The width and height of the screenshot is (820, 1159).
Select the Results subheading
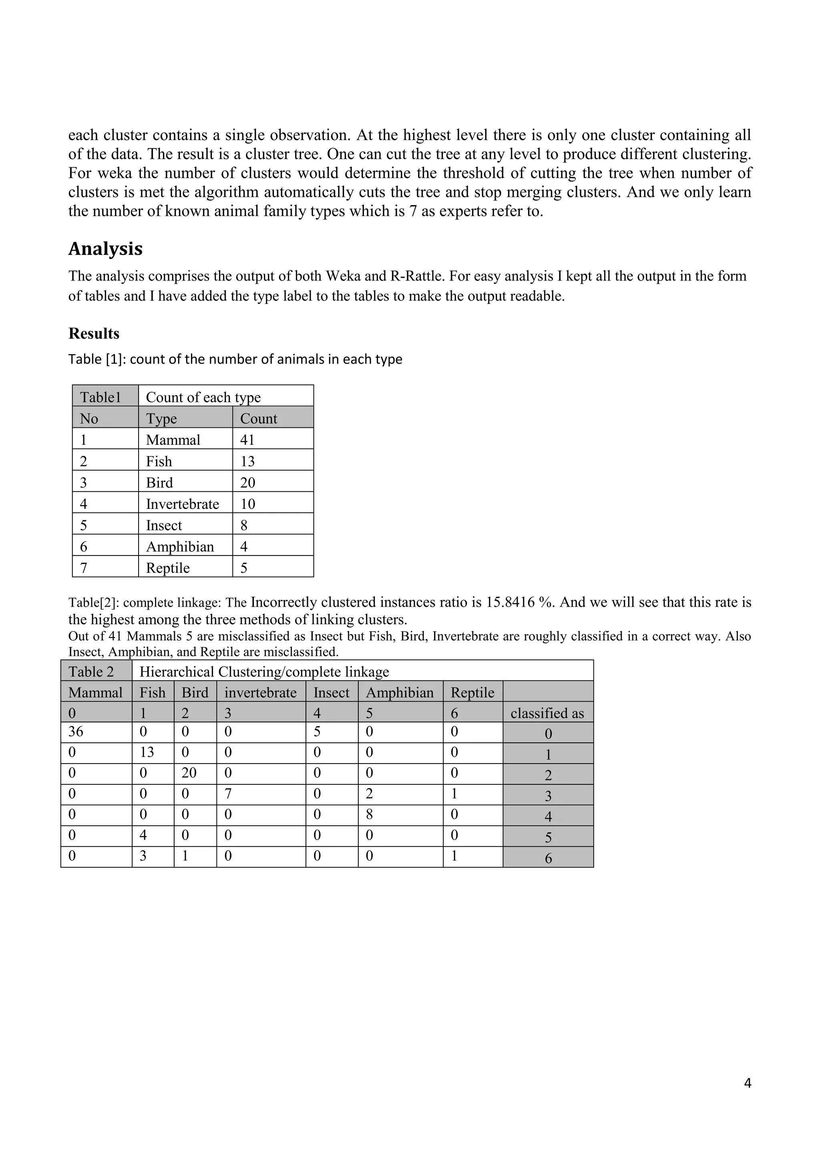tap(94, 334)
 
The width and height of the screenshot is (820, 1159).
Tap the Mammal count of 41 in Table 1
tap(247, 440)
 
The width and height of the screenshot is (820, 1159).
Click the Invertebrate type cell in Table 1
tap(182, 504)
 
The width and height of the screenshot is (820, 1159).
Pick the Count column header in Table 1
tap(259, 419)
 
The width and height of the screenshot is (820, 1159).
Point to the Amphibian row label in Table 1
tap(180, 547)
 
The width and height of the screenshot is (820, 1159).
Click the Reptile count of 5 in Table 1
tap(244, 568)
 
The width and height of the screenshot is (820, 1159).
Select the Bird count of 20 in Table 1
tap(248, 483)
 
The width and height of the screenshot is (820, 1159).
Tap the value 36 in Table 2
tap(76, 732)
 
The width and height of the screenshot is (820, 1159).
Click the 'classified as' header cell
tap(547, 713)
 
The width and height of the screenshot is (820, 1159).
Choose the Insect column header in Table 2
tap(331, 693)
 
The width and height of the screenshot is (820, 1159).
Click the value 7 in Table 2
tap(228, 794)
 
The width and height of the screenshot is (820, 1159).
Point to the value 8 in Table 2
tap(370, 815)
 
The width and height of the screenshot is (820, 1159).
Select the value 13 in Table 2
tap(147, 752)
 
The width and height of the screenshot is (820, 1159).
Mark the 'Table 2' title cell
tap(91, 672)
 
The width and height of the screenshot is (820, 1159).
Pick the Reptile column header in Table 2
tap(472, 693)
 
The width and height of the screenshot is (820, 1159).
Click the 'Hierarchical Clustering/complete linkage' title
tap(264, 672)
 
